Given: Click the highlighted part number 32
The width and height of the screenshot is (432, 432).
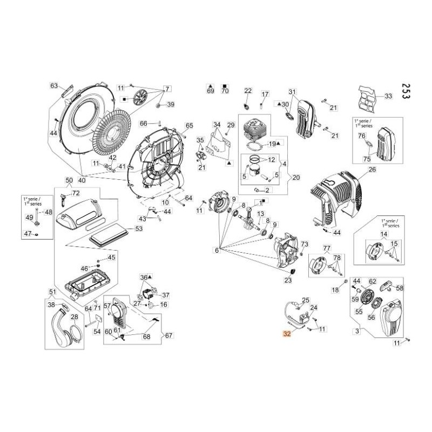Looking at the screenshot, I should tap(287, 334).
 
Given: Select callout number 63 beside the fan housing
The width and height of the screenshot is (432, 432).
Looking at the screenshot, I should tap(54, 86).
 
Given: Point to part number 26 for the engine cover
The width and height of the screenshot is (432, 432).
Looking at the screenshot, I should tap(372, 170).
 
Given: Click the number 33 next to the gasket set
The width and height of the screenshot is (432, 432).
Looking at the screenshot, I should tap(388, 97).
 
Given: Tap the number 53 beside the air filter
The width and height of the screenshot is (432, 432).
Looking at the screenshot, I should tap(139, 229).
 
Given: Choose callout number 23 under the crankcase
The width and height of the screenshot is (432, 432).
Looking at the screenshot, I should tap(288, 280).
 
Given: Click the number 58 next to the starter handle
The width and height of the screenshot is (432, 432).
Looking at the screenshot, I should tap(400, 288).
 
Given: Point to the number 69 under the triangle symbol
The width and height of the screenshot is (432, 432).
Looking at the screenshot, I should tap(211, 91).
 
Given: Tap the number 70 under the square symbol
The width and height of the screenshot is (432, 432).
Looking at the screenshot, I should tap(225, 91).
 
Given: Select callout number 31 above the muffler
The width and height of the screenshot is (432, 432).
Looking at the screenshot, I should tap(293, 91).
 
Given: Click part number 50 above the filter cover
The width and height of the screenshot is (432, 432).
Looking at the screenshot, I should tap(69, 180).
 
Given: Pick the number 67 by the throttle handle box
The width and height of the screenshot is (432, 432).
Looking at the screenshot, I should tap(169, 335).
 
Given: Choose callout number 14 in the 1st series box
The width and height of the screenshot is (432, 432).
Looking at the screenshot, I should tap(384, 234).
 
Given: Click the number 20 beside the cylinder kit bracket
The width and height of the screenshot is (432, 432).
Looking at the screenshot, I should tap(296, 177).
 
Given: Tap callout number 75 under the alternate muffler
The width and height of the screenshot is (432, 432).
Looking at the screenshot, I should tap(367, 159).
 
